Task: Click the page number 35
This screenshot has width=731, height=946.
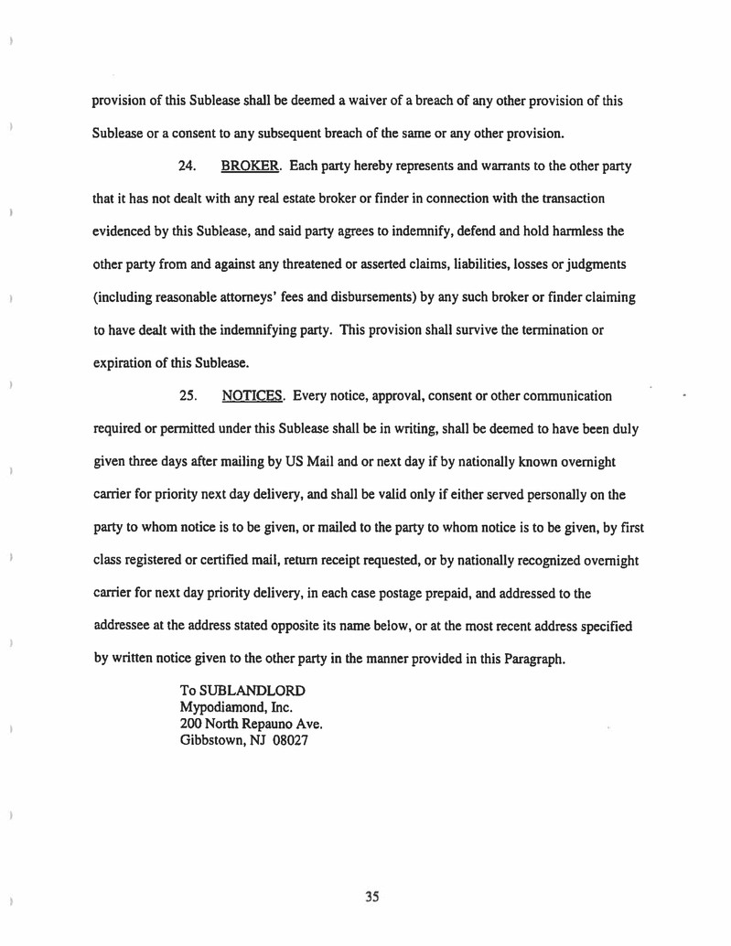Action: (x=371, y=897)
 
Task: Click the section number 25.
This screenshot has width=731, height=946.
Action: (x=188, y=395)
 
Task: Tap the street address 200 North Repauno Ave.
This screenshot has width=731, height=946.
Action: (x=250, y=724)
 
